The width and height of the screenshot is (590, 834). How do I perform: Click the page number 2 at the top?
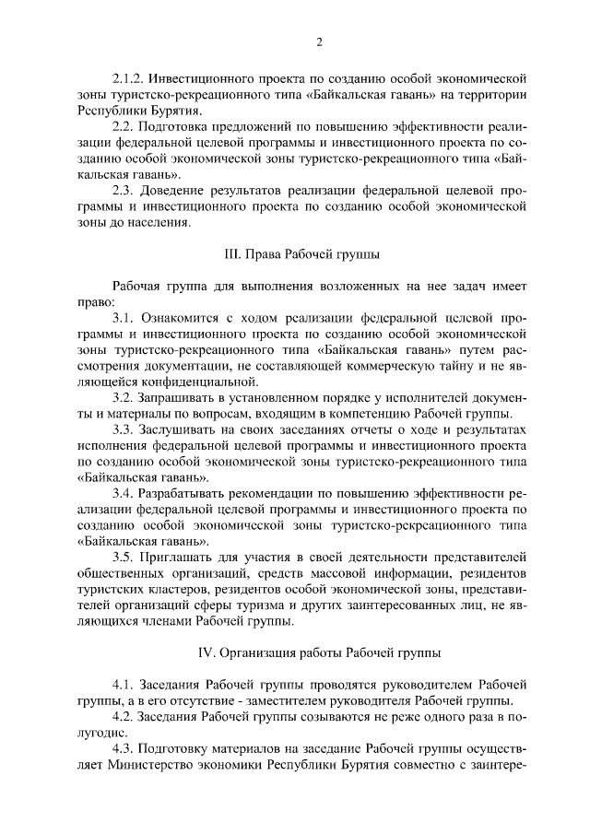318,42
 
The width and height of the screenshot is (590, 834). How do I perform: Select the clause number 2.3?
123,190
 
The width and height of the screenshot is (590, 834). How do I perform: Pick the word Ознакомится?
182,317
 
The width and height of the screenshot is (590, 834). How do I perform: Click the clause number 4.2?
123,716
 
